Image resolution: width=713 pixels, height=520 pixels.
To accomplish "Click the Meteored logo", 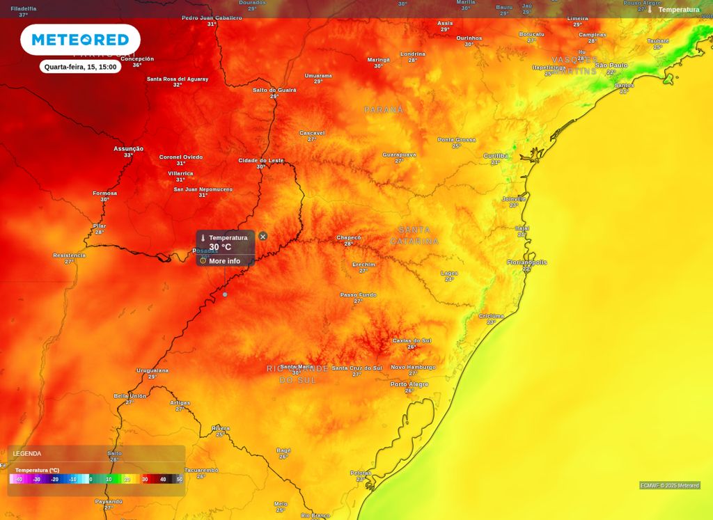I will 80,40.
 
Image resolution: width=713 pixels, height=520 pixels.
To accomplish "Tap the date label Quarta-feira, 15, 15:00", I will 80,67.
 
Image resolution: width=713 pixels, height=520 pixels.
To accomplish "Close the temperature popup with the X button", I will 263,237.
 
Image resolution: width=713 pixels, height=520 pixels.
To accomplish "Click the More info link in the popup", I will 224,261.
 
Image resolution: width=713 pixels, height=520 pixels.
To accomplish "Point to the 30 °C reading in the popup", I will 220,247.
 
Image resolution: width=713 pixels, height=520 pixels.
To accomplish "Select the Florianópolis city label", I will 527,262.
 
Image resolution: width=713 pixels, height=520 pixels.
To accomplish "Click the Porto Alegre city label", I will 409,384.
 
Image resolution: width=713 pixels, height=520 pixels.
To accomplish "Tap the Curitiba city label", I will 496,156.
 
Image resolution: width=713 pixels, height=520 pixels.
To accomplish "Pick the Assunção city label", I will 129,148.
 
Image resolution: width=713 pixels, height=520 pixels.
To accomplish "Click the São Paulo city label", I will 611,65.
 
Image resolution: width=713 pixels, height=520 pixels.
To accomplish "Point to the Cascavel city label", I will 312,133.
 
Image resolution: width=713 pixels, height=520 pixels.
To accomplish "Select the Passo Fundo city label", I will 358,295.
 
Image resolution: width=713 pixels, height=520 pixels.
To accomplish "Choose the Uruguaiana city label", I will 152,370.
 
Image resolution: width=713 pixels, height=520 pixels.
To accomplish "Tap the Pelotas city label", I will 361,473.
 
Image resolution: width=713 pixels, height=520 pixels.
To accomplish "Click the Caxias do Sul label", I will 412,340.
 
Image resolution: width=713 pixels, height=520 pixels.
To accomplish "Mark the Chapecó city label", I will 349,237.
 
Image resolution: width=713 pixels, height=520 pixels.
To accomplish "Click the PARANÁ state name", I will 384,110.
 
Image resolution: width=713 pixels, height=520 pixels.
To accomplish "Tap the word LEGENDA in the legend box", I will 27,453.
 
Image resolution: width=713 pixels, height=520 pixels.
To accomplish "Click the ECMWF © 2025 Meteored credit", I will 670,485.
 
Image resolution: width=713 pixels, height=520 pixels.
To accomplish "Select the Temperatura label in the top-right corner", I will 678,10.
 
